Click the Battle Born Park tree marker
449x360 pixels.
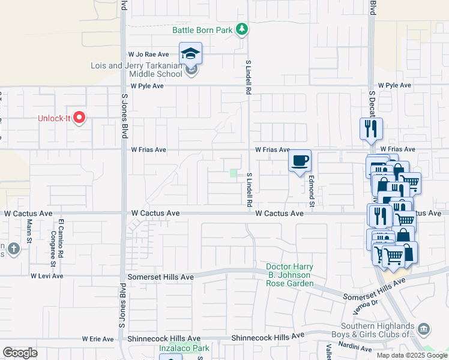pos(241,29)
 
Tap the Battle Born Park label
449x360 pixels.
pos(202,29)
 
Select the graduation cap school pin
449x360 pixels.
pos(191,53)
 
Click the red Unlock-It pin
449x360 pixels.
pos(79,118)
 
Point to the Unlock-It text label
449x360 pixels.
pos(54,118)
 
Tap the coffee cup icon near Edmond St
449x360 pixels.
pos(300,161)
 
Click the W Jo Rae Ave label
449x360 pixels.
pos(148,55)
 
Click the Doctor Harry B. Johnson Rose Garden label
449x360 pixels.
pos(291,275)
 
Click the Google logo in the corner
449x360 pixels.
pos(20,353)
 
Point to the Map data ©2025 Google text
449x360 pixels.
pos(412,355)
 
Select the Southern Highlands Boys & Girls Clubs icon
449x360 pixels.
pos(424,329)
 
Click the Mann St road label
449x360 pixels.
pos(29,229)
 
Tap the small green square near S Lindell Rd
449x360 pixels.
pos(234,173)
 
